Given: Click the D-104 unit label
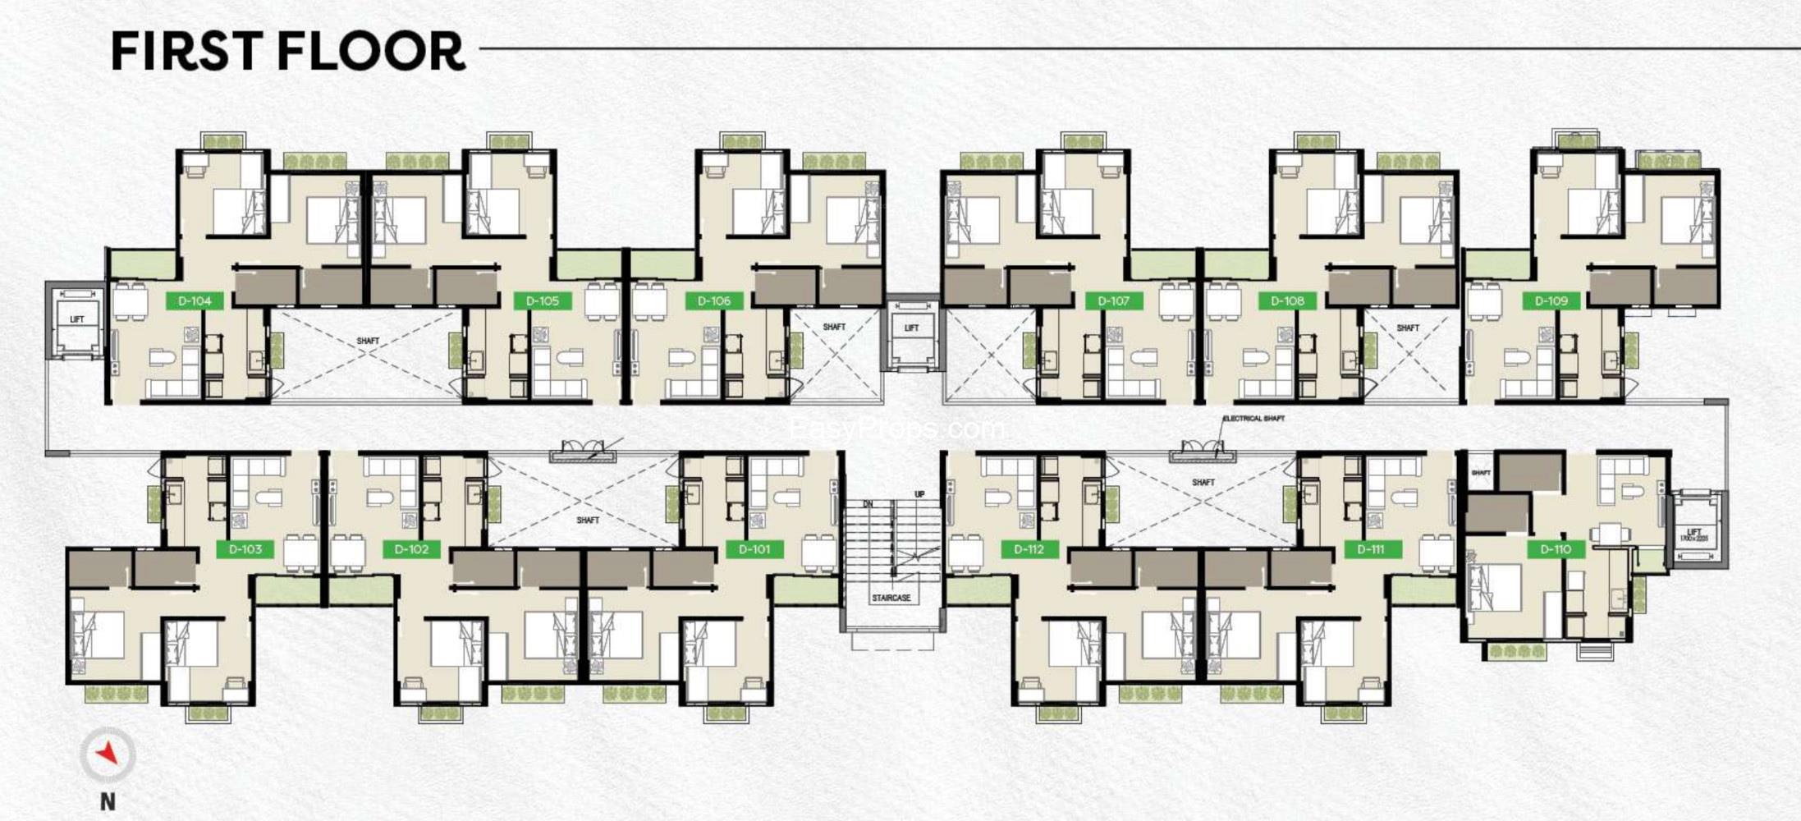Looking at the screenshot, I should point(195,301).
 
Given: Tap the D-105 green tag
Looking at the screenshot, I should point(542,301).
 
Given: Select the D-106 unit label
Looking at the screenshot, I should point(713,301).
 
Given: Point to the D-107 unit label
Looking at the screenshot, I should point(1113,301).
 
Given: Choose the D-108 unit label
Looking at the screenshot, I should point(1287,301).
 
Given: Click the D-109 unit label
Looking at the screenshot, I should point(1551,301).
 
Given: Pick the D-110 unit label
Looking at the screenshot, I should point(1556,549).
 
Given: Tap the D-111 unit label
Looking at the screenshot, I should point(1371,549).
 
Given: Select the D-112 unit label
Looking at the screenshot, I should point(1029,549).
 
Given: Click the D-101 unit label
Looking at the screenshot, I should point(754,549).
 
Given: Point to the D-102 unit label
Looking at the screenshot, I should point(411,549).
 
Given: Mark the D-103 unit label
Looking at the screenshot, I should point(245,549).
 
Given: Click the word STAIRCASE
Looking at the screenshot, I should point(891,598).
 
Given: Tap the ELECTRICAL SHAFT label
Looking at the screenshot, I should point(1253,419).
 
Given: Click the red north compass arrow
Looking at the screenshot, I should point(108,753).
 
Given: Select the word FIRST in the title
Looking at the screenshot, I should point(188,51).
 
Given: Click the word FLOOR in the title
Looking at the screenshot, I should point(371,51).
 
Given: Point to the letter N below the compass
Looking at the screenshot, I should point(108,801).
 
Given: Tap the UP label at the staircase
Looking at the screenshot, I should point(919,494).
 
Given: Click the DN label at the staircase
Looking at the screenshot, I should point(868,504).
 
